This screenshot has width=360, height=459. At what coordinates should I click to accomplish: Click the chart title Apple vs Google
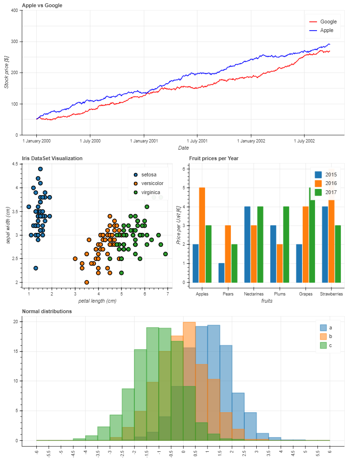click(42, 5)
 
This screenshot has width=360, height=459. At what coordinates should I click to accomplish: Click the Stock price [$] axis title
click(7, 72)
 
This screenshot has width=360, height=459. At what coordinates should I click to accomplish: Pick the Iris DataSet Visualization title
click(52, 158)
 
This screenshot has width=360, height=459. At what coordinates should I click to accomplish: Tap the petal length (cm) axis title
click(97, 301)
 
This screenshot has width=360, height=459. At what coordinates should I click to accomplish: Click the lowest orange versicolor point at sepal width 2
click(87, 282)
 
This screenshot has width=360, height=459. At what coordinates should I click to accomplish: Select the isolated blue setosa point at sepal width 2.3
click(36, 268)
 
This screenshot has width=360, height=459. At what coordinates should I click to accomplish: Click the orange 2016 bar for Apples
click(202, 235)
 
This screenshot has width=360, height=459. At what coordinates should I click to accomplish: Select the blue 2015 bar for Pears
click(221, 273)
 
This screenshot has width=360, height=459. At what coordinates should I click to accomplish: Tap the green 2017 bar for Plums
click(286, 244)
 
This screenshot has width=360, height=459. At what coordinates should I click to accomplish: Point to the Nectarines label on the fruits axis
click(253, 294)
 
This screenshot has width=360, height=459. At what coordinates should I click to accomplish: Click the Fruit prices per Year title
click(214, 158)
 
